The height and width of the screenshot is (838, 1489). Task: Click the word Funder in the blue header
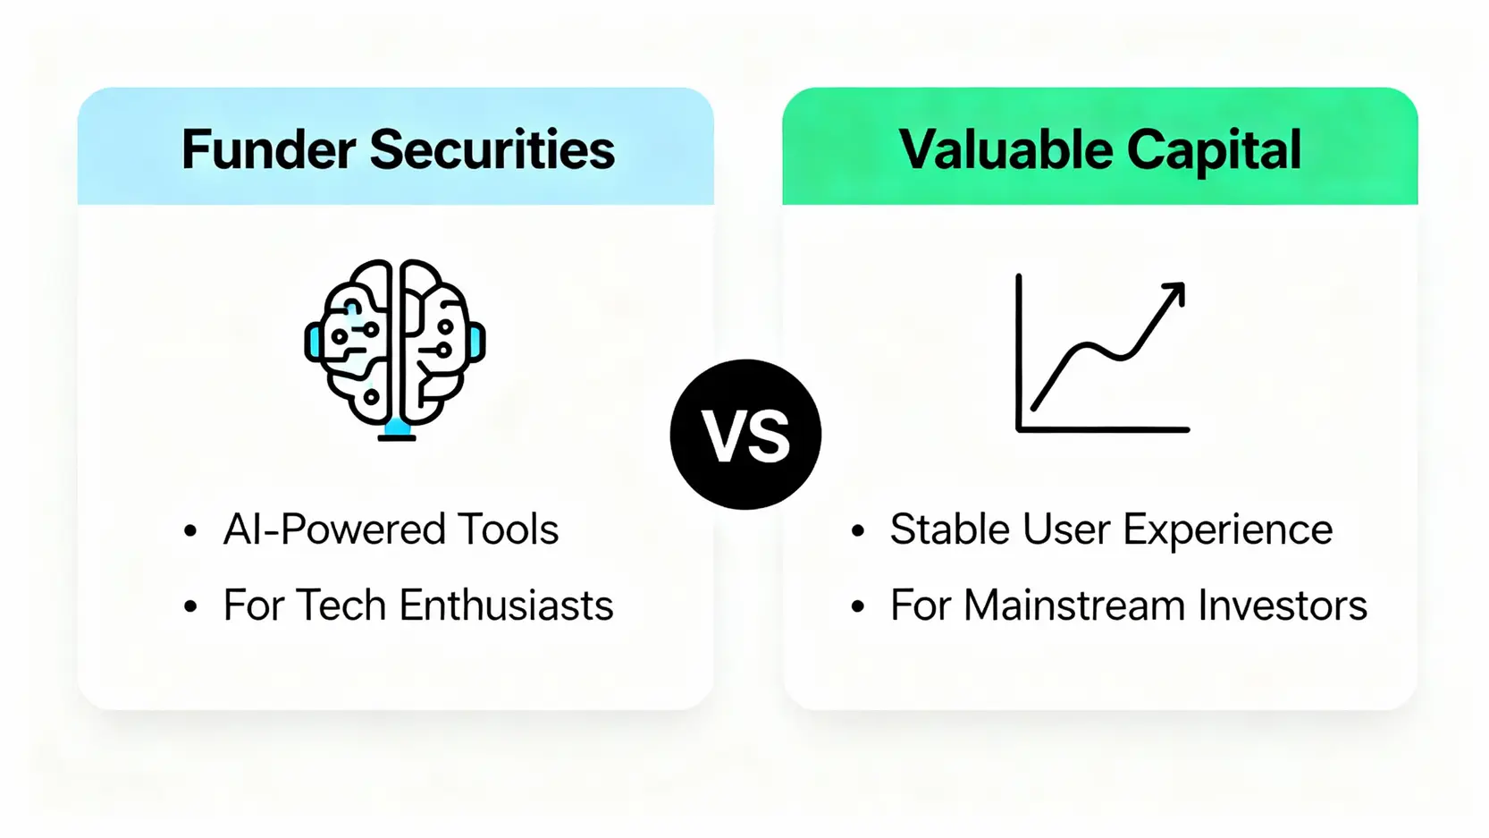(269, 149)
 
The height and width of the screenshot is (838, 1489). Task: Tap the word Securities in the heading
(492, 149)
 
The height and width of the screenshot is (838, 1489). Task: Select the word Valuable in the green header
(1006, 149)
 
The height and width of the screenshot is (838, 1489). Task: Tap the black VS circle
(745, 435)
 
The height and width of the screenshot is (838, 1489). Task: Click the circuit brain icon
(396, 349)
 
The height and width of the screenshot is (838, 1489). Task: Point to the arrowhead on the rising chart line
(1174, 293)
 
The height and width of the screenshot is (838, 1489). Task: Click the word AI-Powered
(334, 529)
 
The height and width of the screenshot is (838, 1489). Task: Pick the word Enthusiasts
(506, 605)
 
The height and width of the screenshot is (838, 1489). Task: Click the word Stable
(950, 529)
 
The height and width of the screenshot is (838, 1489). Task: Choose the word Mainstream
(1074, 605)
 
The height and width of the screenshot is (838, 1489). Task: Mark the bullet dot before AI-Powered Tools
(190, 530)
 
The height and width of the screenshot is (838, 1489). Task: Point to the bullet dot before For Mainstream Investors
(857, 606)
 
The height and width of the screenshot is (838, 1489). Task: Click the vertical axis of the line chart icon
(1018, 352)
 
